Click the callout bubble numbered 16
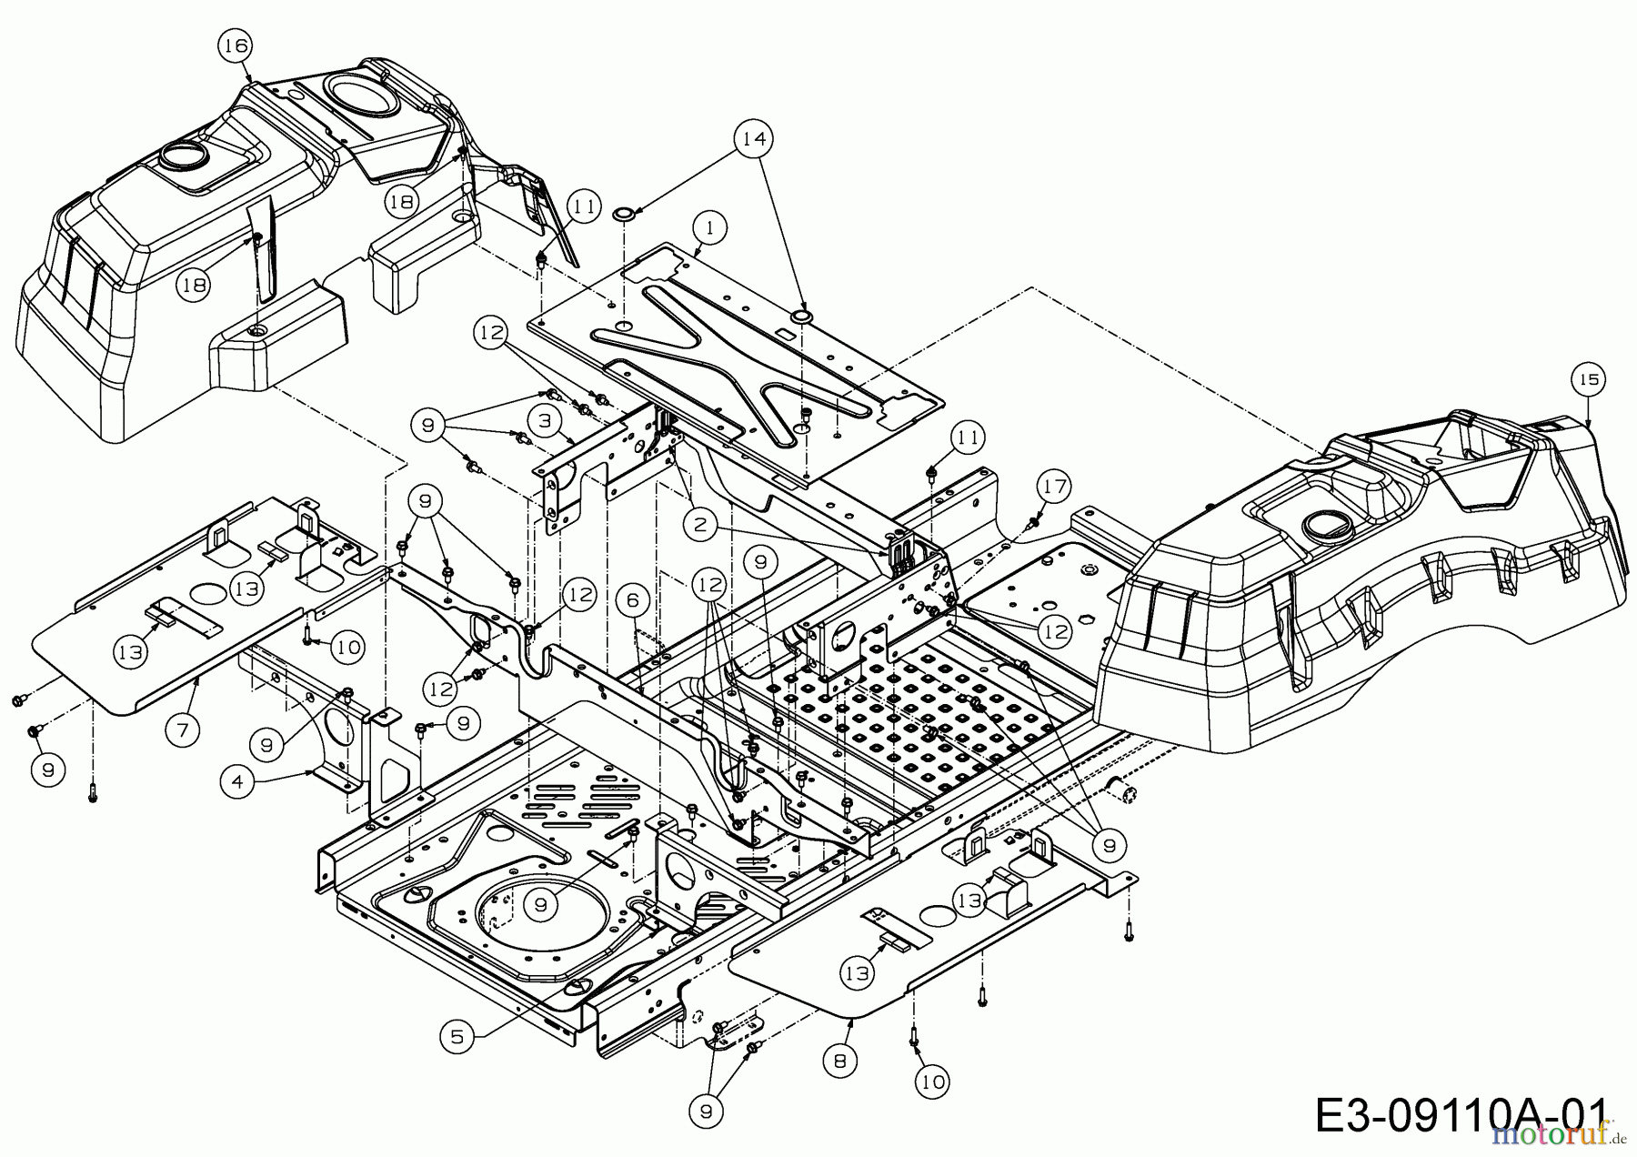(236, 45)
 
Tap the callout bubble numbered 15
(1589, 380)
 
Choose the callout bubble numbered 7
(183, 729)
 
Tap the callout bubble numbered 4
(236, 783)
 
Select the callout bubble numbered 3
(545, 421)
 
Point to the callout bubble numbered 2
(698, 523)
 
